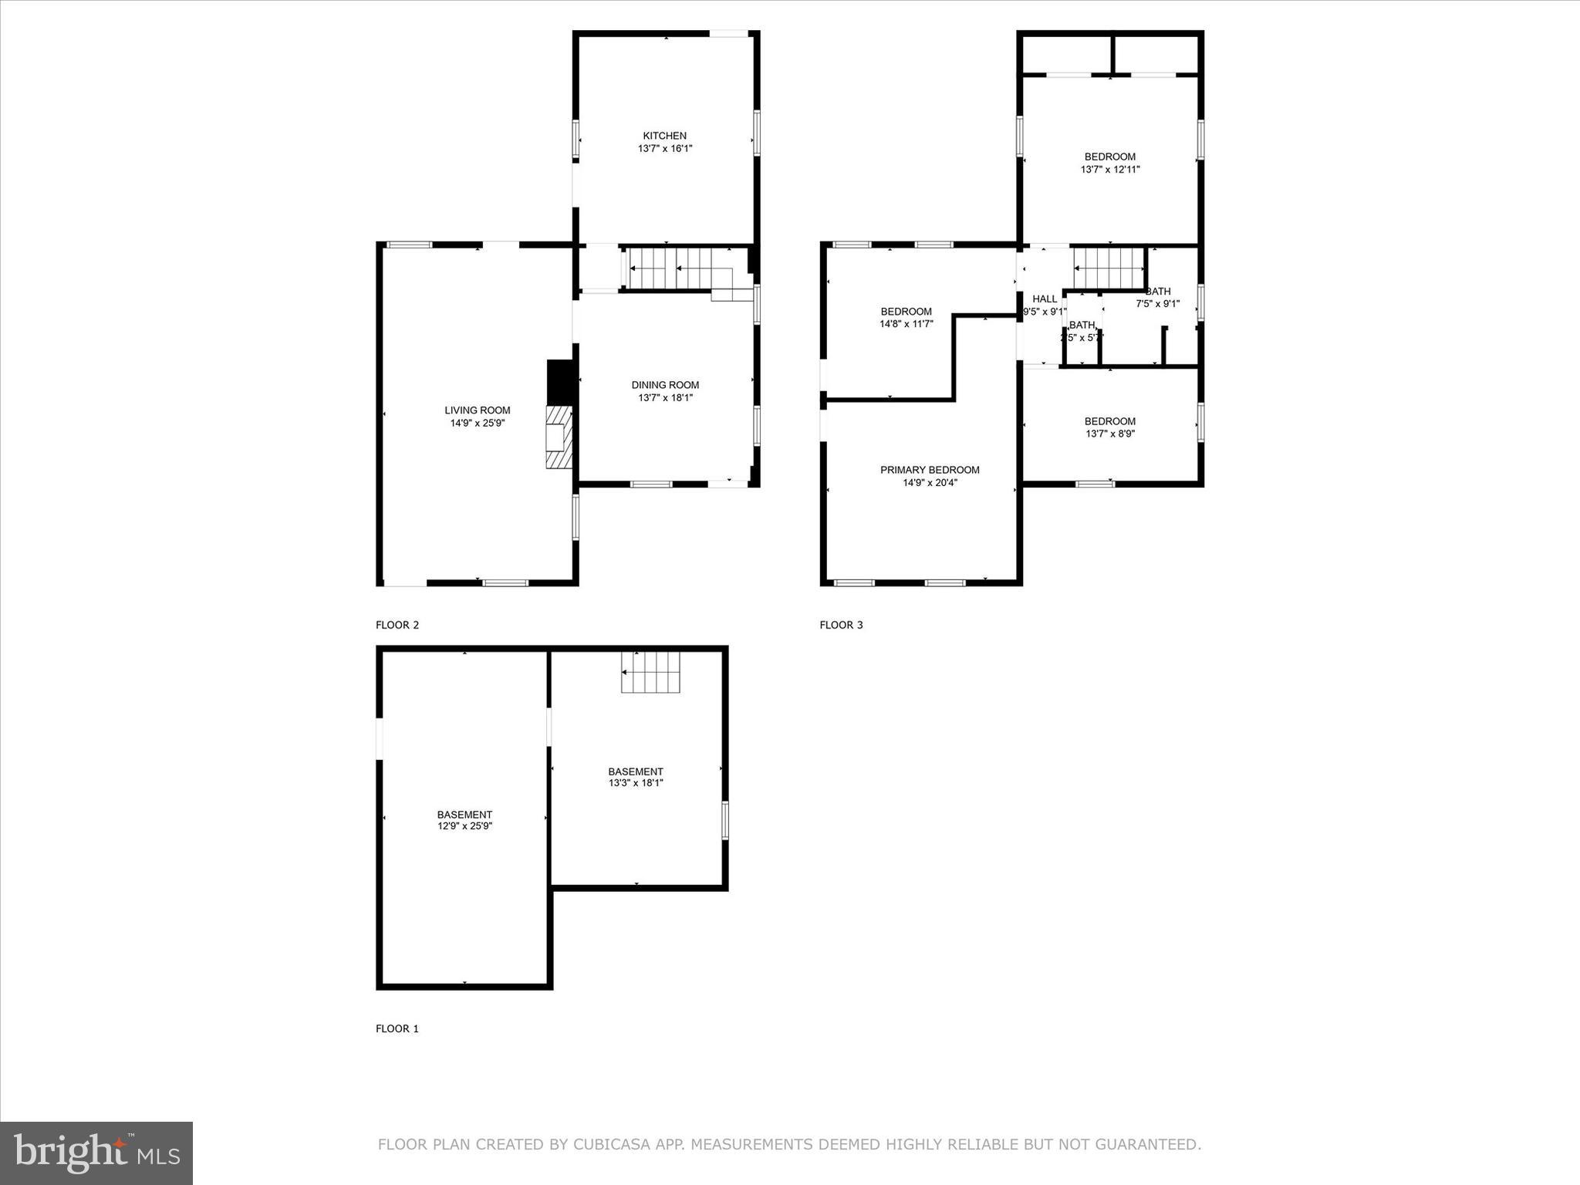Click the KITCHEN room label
(x=664, y=136)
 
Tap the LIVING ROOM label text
(x=477, y=410)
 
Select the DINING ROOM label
(x=665, y=385)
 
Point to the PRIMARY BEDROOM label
(x=930, y=470)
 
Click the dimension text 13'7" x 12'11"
(x=1109, y=170)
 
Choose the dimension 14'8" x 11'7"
(x=906, y=325)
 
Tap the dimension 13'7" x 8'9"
(x=1109, y=434)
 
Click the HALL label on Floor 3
(x=1045, y=299)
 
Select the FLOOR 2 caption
(x=397, y=625)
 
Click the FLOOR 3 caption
(x=841, y=625)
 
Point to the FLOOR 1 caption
(x=397, y=1028)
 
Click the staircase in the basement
(x=652, y=672)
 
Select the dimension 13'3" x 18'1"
(x=635, y=783)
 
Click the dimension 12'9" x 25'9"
(x=464, y=826)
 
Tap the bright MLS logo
(x=96, y=1153)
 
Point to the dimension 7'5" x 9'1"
(x=1157, y=304)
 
